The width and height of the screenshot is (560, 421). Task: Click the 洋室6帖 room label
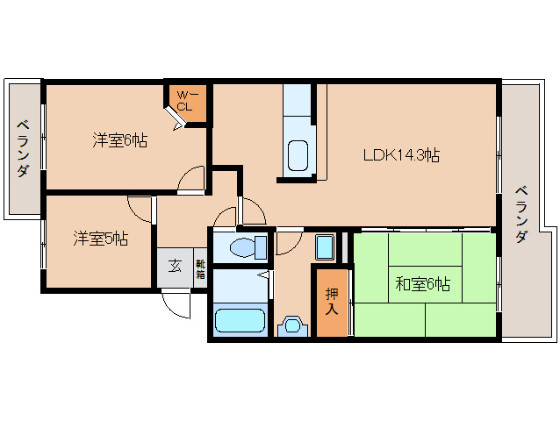(120, 140)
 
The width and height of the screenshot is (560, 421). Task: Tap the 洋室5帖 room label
(100, 238)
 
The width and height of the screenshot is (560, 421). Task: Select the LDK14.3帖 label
(402, 155)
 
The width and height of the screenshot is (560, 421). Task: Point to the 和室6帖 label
(422, 284)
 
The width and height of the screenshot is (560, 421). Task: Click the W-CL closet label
(186, 101)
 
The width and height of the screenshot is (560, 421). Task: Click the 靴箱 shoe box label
(200, 266)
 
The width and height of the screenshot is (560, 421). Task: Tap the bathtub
(239, 319)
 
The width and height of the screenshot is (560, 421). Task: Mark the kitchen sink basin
(298, 156)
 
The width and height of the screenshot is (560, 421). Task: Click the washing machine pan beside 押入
(325, 246)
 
